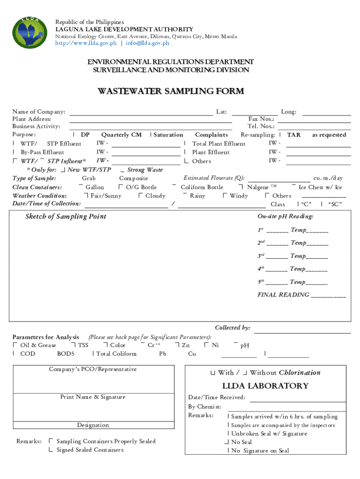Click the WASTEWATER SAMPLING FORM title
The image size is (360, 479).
[170, 91]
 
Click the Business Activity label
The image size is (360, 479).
[36, 126]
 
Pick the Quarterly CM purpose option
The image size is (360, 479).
[121, 135]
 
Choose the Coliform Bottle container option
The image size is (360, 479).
[202, 187]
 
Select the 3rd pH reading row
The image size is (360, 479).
[292, 256]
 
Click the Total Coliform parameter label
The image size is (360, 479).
[116, 354]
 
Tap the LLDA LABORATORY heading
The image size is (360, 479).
[265, 386]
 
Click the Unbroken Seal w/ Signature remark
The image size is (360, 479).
[269, 434]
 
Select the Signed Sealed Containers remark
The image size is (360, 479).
[90, 450]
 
